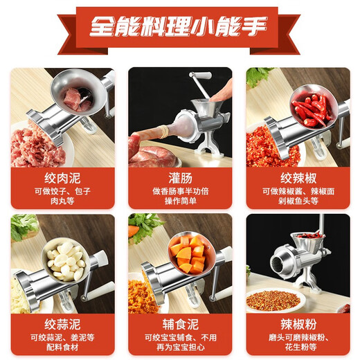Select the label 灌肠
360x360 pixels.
pos(179,177)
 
